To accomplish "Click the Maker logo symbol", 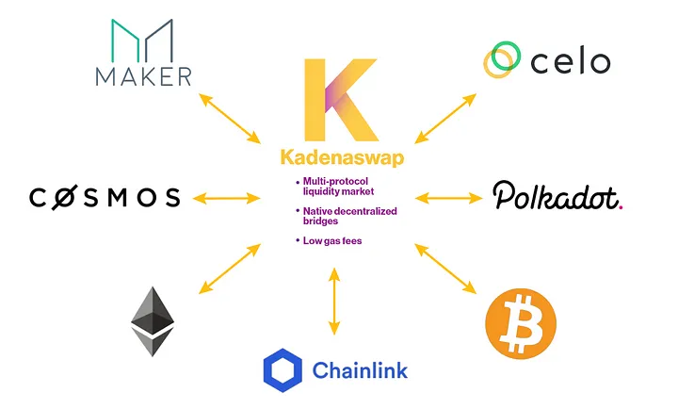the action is coord(142,41).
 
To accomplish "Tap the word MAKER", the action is coord(143,76).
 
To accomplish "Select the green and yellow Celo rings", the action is coord(502,59).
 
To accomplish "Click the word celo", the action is coord(571,62).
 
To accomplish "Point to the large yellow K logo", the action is coord(342,100).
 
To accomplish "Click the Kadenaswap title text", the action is coord(342,157).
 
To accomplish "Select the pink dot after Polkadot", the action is coord(621,207).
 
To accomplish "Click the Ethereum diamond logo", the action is coord(153,321).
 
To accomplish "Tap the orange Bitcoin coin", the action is coord(521,324).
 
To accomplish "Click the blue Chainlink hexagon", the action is coord(282,370).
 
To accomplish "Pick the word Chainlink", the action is coord(360,370).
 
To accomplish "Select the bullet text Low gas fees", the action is coord(332,241).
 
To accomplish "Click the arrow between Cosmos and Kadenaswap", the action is coord(227,199).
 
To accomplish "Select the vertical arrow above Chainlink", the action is coord(333,302).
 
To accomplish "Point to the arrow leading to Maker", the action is coord(230,118).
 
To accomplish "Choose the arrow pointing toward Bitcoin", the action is coord(445,269).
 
